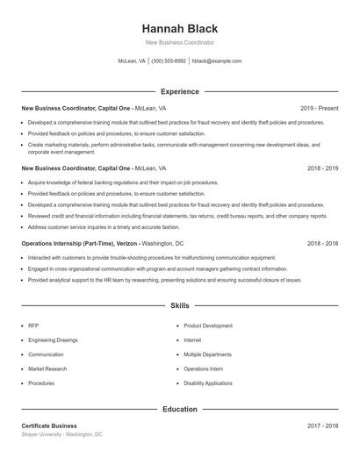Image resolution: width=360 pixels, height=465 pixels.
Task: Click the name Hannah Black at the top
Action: pyautogui.click(x=179, y=28)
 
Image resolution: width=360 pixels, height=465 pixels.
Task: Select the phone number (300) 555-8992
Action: pyautogui.click(x=169, y=61)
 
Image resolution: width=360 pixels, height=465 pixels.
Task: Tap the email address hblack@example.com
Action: pyautogui.click(x=216, y=61)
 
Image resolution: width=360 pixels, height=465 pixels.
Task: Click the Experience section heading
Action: pyautogui.click(x=179, y=91)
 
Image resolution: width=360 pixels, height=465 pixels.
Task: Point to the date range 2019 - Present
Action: pyautogui.click(x=319, y=108)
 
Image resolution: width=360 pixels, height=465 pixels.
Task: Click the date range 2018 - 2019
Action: pyautogui.click(x=321, y=168)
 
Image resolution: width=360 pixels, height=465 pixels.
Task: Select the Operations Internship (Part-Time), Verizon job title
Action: pyautogui.click(x=81, y=243)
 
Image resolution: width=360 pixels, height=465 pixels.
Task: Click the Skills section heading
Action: pyautogui.click(x=179, y=306)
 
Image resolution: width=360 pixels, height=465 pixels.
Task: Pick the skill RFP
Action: pyautogui.click(x=33, y=325)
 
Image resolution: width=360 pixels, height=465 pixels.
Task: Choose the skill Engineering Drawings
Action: pyautogui.click(x=52, y=340)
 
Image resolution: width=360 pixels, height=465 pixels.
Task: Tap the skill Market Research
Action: pyautogui.click(x=47, y=368)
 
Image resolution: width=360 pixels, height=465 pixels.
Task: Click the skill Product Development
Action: pyautogui.click(x=208, y=325)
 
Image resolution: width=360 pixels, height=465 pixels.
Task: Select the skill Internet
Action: pyautogui.click(x=192, y=340)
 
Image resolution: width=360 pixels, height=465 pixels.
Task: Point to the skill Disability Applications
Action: pyautogui.click(x=208, y=383)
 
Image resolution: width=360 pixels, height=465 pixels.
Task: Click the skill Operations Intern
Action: pyautogui.click(x=203, y=368)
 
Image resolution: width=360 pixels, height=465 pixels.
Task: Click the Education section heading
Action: pyautogui.click(x=179, y=409)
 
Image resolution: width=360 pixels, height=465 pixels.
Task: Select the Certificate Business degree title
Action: pyautogui.click(x=49, y=426)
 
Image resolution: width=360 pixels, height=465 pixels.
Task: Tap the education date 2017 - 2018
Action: pyautogui.click(x=321, y=426)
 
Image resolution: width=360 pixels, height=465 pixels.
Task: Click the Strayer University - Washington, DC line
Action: pyautogui.click(x=61, y=434)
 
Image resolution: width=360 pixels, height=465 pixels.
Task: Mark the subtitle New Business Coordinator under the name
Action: pyautogui.click(x=179, y=42)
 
